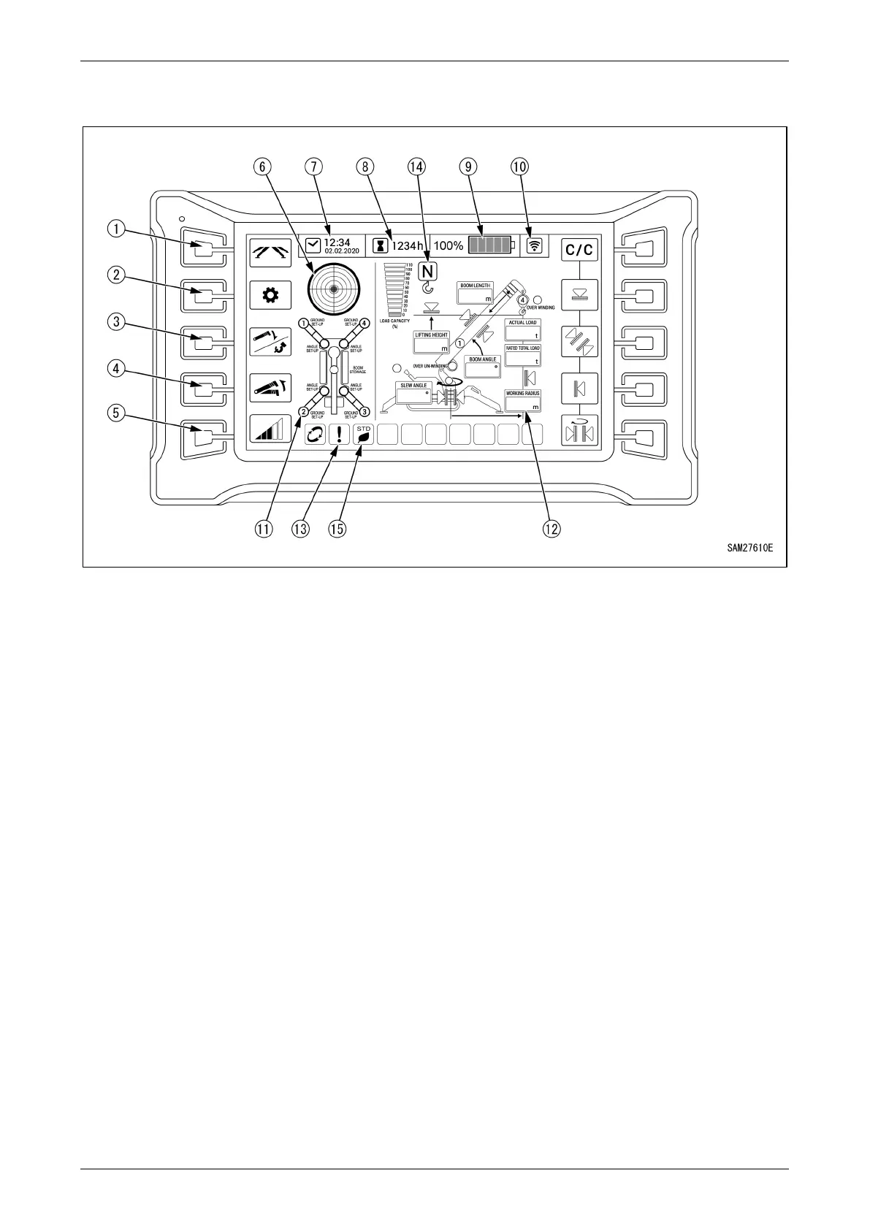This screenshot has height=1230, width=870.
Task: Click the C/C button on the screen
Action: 579,250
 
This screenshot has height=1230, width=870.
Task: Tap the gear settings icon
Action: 270,296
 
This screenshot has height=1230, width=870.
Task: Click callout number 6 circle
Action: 261,167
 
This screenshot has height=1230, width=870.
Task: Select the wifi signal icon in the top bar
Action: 535,245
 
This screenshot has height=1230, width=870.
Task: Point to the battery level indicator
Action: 492,245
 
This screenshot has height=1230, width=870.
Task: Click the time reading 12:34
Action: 337,242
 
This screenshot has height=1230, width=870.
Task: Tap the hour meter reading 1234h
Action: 407,246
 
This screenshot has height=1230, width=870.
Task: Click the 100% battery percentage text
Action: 449,246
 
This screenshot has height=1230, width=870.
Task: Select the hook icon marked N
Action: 428,278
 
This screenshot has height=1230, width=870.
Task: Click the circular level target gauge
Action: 334,290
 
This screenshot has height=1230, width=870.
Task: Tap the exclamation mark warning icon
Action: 339,435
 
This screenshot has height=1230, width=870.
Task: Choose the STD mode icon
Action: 364,435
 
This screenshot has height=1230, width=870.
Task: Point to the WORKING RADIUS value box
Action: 523,402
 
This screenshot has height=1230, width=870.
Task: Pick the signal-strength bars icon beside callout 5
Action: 270,429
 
